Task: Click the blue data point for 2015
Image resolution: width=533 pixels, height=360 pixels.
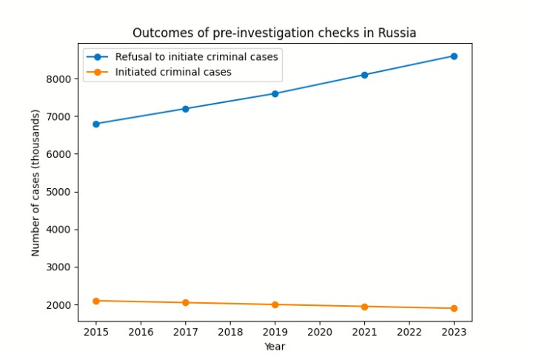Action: (x=96, y=124)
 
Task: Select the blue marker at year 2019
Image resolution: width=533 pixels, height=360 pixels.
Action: (x=275, y=93)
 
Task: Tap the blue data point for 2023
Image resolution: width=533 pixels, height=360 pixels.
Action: (x=454, y=56)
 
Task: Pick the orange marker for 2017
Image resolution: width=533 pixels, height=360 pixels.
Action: (x=186, y=302)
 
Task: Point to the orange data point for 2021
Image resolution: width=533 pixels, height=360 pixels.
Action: (x=364, y=307)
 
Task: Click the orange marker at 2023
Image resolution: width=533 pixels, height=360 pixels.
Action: (x=454, y=308)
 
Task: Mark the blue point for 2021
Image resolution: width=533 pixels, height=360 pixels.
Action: (x=364, y=75)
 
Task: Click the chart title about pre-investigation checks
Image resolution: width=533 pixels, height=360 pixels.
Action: (x=274, y=33)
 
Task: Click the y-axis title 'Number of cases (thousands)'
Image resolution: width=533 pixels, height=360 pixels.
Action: (x=36, y=182)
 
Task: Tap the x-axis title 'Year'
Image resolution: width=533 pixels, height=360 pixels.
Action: (x=274, y=346)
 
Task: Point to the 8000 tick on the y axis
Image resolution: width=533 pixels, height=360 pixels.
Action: (x=61, y=79)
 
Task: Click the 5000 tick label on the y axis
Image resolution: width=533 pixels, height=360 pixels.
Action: (x=61, y=192)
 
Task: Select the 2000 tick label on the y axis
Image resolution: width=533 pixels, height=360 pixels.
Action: (x=61, y=305)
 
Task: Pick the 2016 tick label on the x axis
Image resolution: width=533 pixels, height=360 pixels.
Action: (x=141, y=332)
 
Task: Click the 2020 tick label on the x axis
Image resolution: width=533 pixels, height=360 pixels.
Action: (x=320, y=332)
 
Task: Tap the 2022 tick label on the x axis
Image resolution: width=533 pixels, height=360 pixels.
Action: (x=409, y=332)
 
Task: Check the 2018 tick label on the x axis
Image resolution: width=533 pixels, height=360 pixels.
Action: (x=230, y=332)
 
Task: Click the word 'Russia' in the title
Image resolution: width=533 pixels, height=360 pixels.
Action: (x=398, y=33)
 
